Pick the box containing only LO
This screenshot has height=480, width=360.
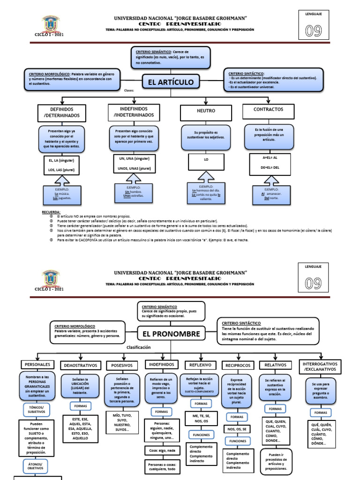pyautogui.click(x=206, y=160)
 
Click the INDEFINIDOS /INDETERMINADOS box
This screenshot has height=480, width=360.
pyautogui.click(x=134, y=112)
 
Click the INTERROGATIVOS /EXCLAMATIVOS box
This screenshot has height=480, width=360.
pyautogui.click(x=321, y=367)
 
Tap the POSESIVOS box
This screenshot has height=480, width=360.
pyautogui.click(x=120, y=365)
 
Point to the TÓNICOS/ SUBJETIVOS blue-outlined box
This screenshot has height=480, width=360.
pyautogui.click(x=40, y=410)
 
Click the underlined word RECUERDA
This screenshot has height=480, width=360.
pyautogui.click(x=51, y=212)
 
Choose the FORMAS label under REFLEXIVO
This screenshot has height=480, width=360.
pyautogui.click(x=201, y=403)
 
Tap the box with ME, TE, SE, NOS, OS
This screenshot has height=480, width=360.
pyautogui.click(x=201, y=418)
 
